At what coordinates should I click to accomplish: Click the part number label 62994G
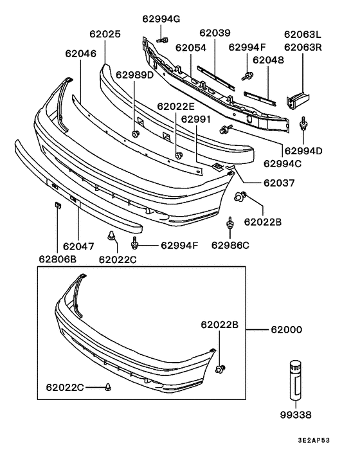coord(161,19)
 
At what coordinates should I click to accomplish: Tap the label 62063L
coord(302,34)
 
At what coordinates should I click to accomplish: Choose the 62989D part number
coord(135,75)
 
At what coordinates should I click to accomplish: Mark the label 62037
coord(278,183)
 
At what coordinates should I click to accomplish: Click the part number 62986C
coord(230,245)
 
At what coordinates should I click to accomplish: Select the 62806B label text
coord(57,259)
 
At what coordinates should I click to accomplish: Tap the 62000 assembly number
coord(285,329)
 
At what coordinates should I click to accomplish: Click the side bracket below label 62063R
coord(298,98)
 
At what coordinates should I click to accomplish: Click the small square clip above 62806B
coord(57,206)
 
